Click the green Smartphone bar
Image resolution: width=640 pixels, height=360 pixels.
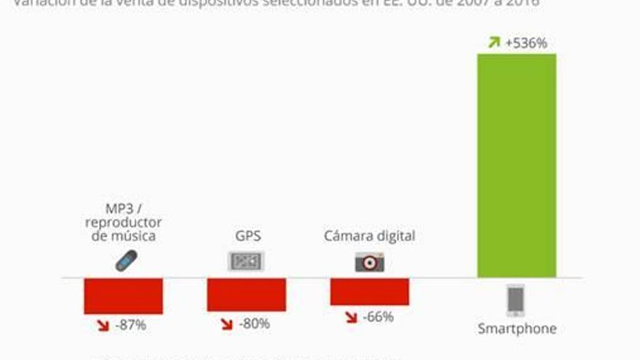pyautogui.click(x=516, y=165)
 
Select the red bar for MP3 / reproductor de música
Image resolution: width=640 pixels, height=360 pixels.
pyautogui.click(x=123, y=295)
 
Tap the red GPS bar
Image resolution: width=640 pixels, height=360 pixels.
pyautogui.click(x=246, y=295)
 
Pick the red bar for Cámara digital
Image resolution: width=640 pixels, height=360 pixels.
pyautogui.click(x=369, y=292)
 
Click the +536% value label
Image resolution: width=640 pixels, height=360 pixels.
pyautogui.click(x=527, y=43)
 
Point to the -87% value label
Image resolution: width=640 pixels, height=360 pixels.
pyautogui.click(x=131, y=325)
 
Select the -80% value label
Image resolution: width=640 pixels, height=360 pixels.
pyautogui.click(x=255, y=324)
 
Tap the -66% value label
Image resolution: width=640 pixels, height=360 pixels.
pyautogui.click(x=377, y=317)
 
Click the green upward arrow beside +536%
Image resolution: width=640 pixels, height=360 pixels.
pyautogui.click(x=494, y=43)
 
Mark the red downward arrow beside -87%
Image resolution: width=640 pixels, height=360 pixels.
pyautogui.click(x=103, y=326)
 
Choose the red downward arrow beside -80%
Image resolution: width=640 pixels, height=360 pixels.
pyautogui.click(x=226, y=324)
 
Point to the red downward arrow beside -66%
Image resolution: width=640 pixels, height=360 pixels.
pyautogui.click(x=351, y=318)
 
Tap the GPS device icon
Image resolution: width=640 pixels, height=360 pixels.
pyautogui.click(x=246, y=261)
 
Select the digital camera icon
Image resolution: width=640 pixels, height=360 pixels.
pyautogui.click(x=369, y=261)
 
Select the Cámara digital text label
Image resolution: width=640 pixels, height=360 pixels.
pyautogui.click(x=369, y=236)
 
